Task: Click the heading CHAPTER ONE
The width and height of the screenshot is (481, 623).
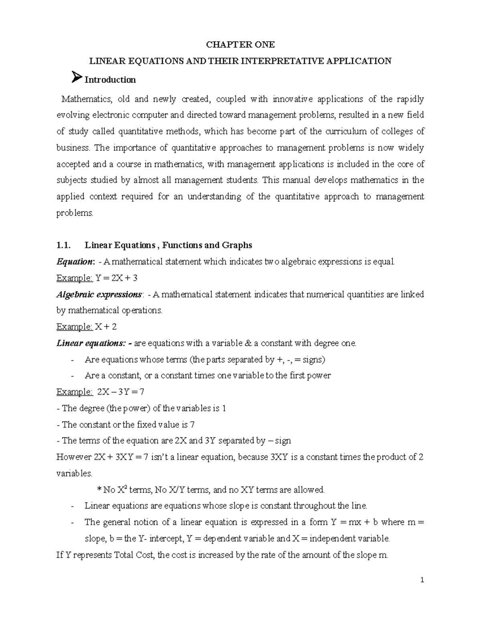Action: (240, 45)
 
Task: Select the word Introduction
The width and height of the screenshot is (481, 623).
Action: (110, 80)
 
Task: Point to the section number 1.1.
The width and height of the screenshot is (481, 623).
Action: (64, 245)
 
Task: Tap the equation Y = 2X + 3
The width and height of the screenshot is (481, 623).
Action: (117, 278)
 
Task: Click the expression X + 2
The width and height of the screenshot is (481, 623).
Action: (106, 327)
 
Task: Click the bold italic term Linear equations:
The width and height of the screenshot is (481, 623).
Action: (93, 343)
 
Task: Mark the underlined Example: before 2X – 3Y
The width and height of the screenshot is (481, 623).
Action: (75, 392)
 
